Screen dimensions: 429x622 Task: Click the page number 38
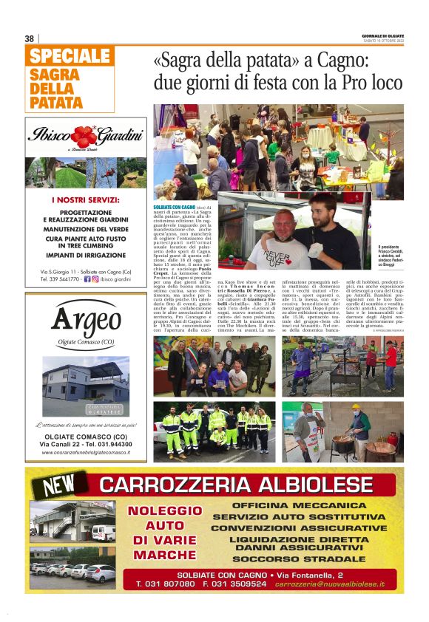[30, 38]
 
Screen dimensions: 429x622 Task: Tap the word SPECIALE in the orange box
[70, 56]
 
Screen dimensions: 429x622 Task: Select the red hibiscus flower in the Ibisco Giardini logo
[84, 136]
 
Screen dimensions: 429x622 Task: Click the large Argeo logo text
[87, 321]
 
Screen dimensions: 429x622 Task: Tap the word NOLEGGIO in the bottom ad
[164, 511]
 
